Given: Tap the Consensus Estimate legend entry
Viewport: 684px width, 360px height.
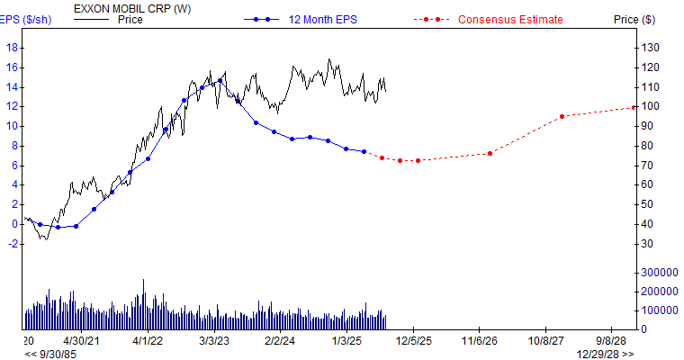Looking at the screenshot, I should coord(510,19).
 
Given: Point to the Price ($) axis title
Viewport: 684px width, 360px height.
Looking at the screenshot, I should coord(634,19).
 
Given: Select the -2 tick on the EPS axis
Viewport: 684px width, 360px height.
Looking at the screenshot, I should coord(12,244).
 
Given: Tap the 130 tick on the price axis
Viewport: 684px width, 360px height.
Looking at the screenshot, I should coord(649,48).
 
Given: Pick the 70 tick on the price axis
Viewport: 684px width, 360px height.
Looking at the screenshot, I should coord(646,166).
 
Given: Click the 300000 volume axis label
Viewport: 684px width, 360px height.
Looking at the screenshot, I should coord(657,272).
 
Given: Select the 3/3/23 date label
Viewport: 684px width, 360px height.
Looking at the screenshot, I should coord(213,342).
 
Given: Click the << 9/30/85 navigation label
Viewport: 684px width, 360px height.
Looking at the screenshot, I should coord(52,354).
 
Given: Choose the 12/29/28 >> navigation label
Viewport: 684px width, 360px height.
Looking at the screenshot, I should coord(605,354).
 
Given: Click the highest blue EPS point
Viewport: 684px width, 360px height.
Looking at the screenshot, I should coord(220,80).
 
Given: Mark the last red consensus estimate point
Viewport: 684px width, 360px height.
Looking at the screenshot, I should coord(634,107).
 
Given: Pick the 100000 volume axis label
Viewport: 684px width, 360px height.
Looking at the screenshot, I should coord(657,310).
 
